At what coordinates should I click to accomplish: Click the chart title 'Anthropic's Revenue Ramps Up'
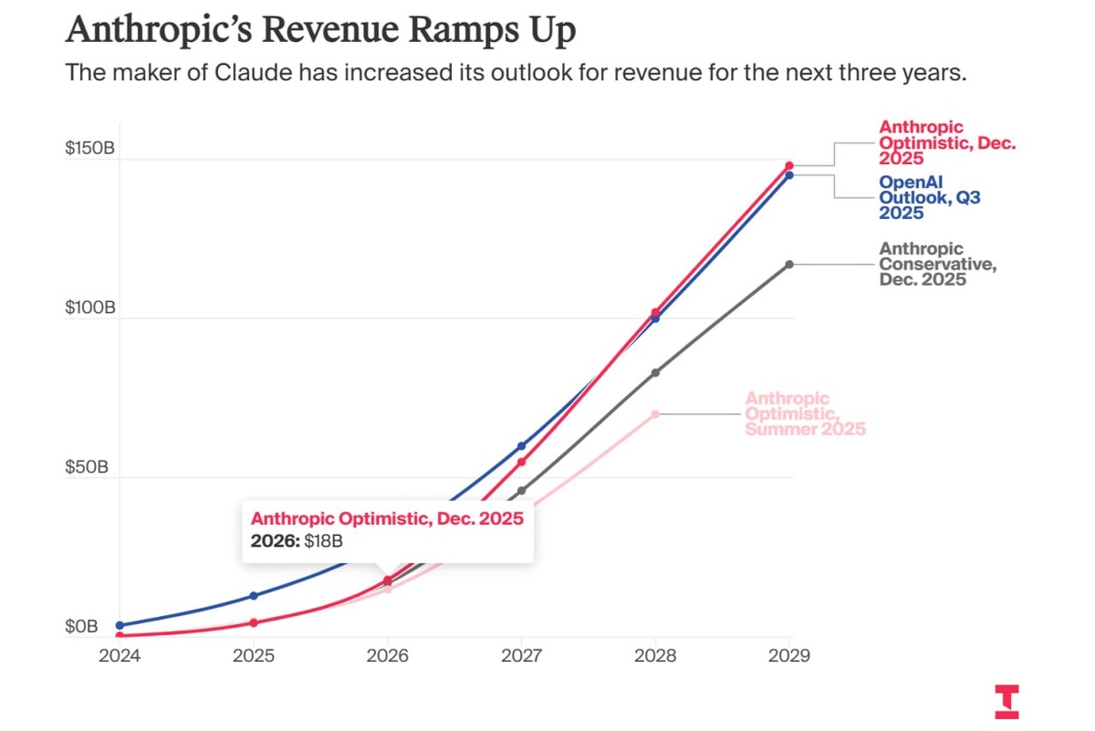coord(320,29)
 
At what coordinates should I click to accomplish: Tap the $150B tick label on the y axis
coord(89,150)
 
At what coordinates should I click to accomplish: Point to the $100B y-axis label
coord(89,308)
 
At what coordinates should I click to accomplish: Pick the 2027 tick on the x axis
coord(521,655)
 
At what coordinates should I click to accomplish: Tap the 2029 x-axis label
coord(789,655)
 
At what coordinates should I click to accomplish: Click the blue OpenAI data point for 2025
coord(254,596)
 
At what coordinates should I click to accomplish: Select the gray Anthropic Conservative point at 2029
coord(789,265)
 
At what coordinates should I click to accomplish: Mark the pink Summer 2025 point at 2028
coord(655,414)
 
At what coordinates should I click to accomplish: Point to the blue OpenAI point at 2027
coord(521,446)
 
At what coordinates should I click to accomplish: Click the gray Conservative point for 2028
coord(655,372)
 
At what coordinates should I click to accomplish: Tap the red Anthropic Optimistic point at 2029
coord(789,166)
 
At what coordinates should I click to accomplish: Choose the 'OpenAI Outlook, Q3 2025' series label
coord(929,197)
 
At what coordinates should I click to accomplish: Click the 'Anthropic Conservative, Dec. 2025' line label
coord(935,265)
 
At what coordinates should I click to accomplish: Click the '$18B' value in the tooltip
coord(323,540)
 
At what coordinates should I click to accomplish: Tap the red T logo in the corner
coord(1007,701)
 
